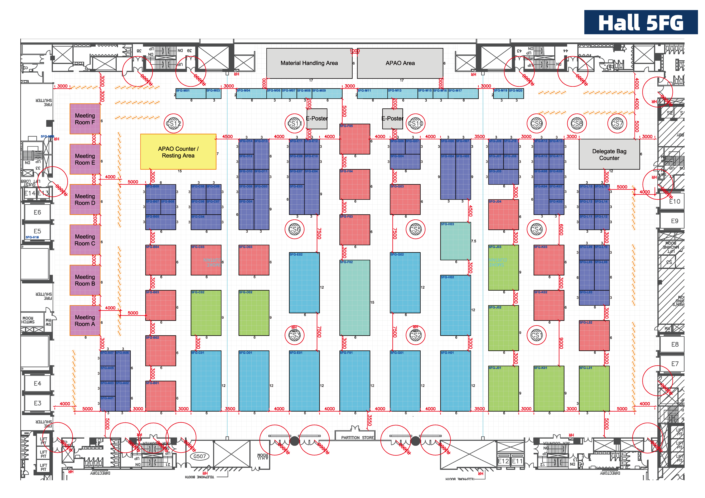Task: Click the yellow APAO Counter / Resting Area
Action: point(178,152)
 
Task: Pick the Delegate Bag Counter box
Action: point(609,154)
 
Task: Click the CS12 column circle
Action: point(173,124)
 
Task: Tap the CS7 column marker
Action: point(617,124)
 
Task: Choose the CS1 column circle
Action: point(536,335)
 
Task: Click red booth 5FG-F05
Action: point(355,139)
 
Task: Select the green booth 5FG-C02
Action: point(206,313)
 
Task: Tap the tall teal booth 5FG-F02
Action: point(355,298)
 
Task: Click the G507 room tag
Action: point(200,456)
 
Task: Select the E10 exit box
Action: point(674,202)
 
